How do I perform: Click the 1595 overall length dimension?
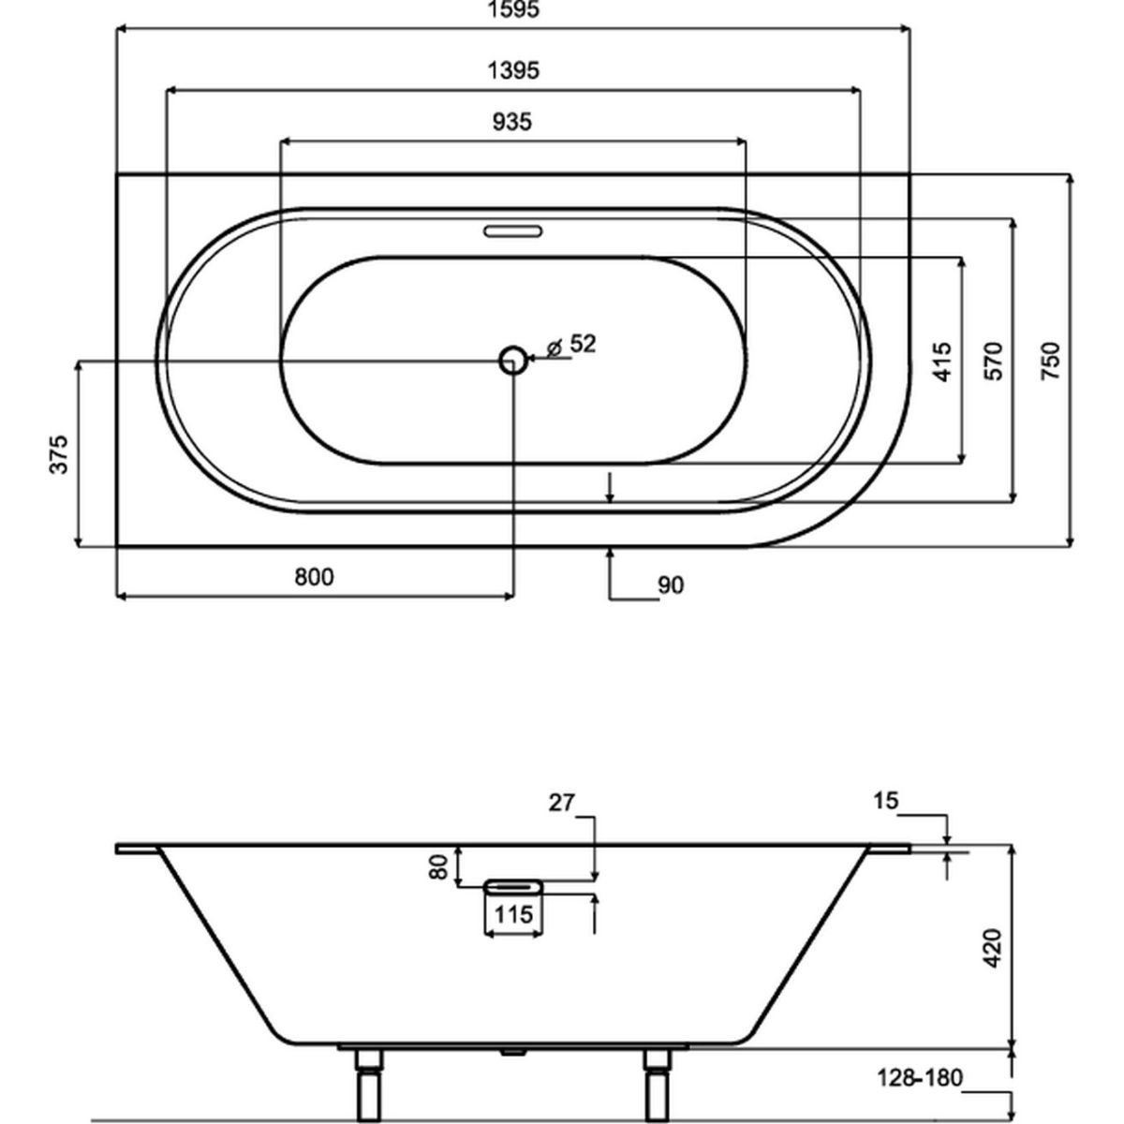click(513, 9)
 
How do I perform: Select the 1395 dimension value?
click(513, 70)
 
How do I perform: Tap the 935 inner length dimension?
click(512, 122)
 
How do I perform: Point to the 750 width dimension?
click(1050, 361)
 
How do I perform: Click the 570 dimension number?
click(993, 361)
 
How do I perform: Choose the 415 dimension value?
click(942, 362)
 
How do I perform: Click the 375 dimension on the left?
click(59, 454)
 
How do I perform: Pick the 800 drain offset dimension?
click(314, 577)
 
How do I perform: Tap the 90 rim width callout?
click(671, 585)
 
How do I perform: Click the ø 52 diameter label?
click(571, 345)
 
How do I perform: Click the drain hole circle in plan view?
click(512, 361)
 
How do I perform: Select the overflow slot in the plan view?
click(512, 231)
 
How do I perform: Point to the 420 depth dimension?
click(992, 948)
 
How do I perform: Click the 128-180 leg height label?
click(921, 1078)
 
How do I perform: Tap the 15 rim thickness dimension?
click(885, 802)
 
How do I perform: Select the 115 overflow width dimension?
click(513, 914)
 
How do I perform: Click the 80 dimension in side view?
click(438, 866)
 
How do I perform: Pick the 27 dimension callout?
click(561, 803)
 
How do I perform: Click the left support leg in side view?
click(369, 1085)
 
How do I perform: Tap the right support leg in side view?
click(658, 1085)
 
